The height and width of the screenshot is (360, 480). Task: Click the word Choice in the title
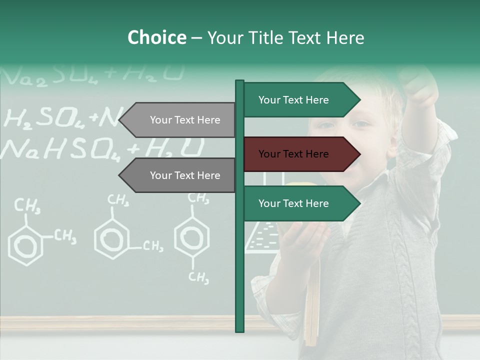156,38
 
